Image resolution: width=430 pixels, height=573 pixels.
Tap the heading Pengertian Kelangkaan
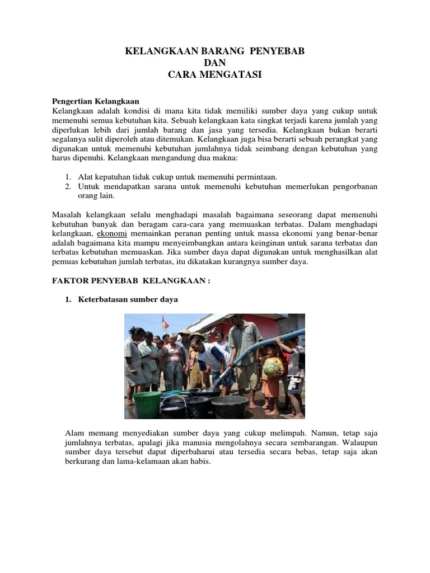click(x=95, y=101)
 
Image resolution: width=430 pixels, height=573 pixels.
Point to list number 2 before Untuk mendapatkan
click(x=68, y=186)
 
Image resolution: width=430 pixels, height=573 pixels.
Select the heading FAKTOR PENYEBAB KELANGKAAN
click(x=131, y=281)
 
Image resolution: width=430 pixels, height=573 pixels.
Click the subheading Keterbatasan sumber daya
click(x=128, y=299)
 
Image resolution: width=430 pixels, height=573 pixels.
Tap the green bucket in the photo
click(x=146, y=404)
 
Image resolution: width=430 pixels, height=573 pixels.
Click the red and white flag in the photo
click(x=165, y=323)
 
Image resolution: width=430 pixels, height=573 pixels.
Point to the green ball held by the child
click(x=273, y=367)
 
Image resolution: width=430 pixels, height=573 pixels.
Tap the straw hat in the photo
click(x=197, y=337)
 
